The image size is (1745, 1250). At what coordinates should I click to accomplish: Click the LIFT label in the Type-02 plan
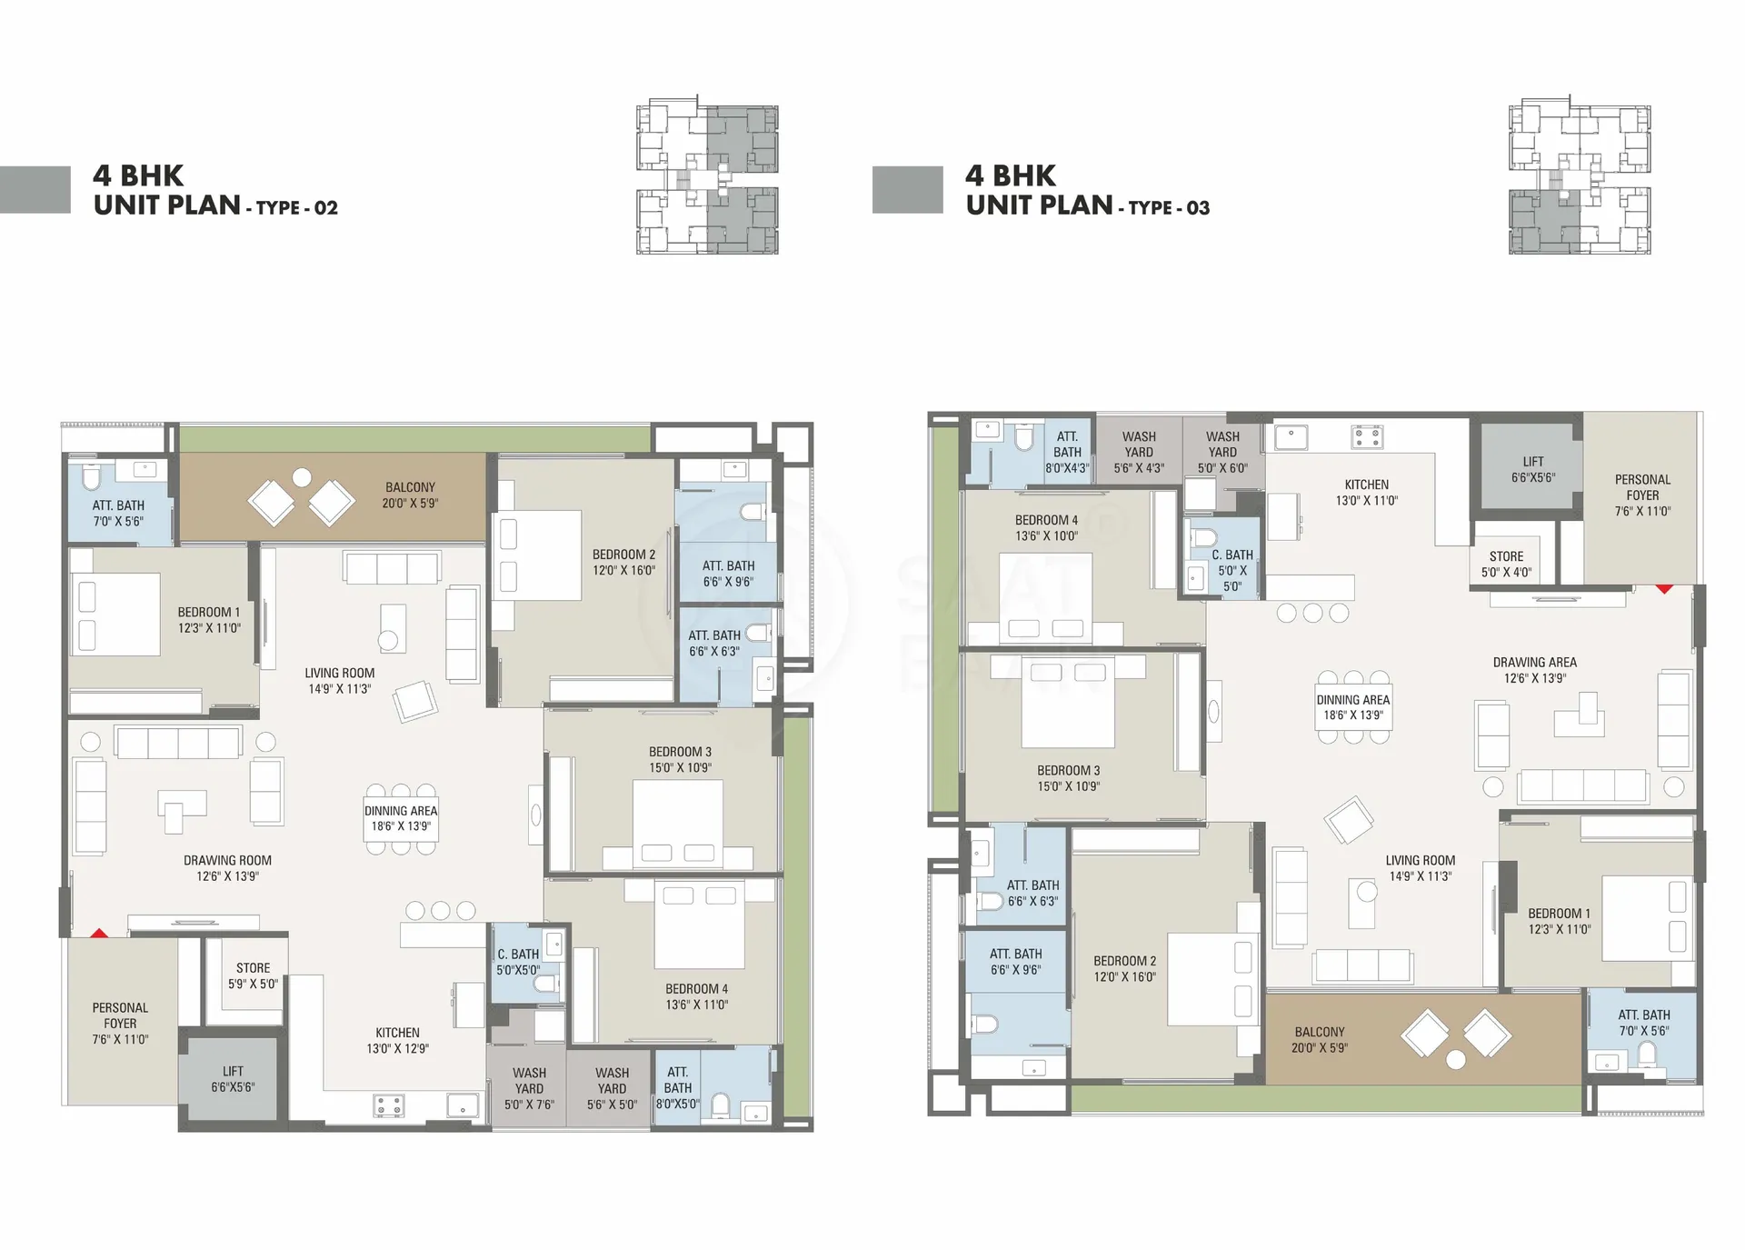pyautogui.click(x=233, y=1071)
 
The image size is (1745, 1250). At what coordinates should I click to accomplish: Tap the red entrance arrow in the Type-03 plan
pyautogui.click(x=1663, y=589)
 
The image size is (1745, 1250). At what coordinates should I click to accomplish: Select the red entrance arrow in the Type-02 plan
pyautogui.click(x=99, y=933)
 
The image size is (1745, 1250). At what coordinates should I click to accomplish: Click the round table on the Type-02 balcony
pyautogui.click(x=302, y=477)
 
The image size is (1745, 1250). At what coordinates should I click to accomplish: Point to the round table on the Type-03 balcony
pyautogui.click(x=1456, y=1059)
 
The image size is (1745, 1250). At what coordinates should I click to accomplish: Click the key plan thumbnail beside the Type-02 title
pyautogui.click(x=707, y=174)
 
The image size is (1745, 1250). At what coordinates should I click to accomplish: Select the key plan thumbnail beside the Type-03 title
pyautogui.click(x=1580, y=174)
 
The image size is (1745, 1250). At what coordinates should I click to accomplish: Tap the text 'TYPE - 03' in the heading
pyautogui.click(x=1169, y=208)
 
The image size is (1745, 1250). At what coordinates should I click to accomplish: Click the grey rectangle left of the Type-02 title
pyautogui.click(x=35, y=189)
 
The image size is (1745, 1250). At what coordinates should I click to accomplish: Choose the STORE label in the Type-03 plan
pyautogui.click(x=1506, y=556)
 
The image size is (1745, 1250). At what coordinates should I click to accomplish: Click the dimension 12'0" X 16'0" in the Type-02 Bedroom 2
pyautogui.click(x=623, y=571)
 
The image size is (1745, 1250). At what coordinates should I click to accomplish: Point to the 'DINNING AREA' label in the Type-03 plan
pyautogui.click(x=1353, y=700)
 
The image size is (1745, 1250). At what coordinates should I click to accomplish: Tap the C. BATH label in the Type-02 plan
pyautogui.click(x=518, y=954)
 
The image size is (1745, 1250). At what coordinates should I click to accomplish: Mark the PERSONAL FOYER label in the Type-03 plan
pyautogui.click(x=1642, y=487)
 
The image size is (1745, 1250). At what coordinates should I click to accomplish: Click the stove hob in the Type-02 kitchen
pyautogui.click(x=389, y=1105)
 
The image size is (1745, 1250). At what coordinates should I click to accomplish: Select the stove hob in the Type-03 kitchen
pyautogui.click(x=1367, y=437)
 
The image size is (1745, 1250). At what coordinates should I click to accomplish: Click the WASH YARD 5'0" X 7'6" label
pyautogui.click(x=529, y=1088)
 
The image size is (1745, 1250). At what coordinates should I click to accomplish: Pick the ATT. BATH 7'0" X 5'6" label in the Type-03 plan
pyautogui.click(x=1643, y=1023)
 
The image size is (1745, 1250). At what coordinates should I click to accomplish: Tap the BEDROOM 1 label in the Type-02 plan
pyautogui.click(x=209, y=612)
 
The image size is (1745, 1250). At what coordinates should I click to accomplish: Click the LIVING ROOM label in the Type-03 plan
pyautogui.click(x=1420, y=860)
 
